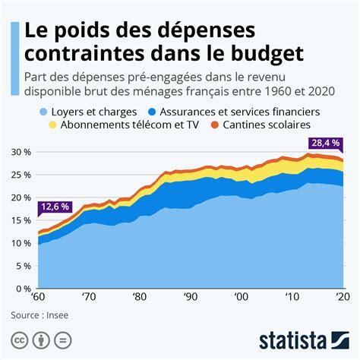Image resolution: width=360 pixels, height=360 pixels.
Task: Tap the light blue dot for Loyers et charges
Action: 43,112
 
